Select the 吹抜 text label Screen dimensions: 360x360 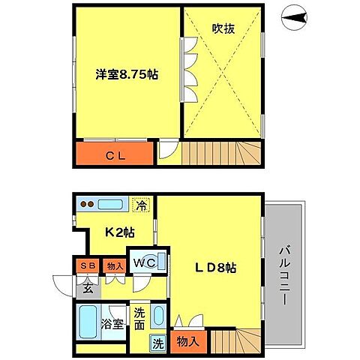(223, 29)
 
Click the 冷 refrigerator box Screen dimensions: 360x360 (140, 202)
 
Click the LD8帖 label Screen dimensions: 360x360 (215, 268)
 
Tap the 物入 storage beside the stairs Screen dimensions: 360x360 (189, 342)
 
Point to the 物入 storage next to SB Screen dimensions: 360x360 (114, 264)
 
